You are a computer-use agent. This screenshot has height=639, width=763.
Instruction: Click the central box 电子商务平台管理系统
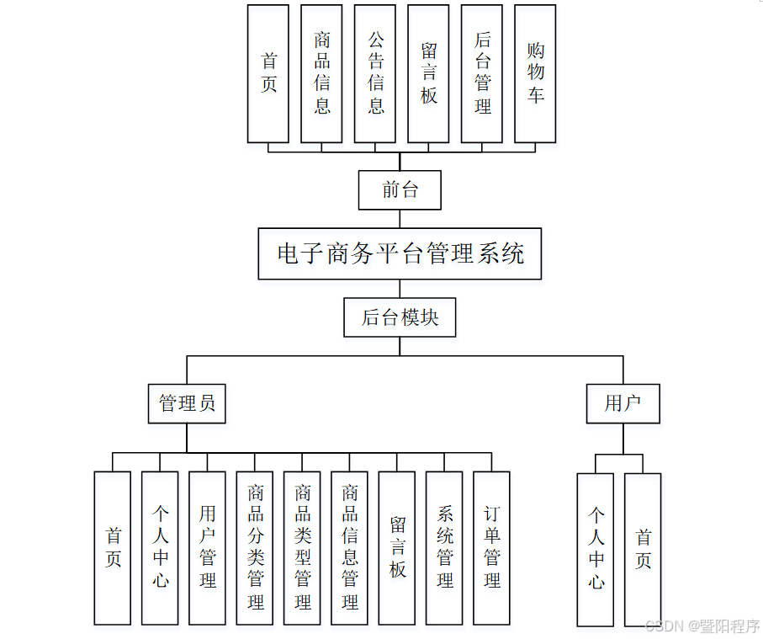[x=400, y=253]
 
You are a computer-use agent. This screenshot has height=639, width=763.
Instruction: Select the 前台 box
[x=400, y=190]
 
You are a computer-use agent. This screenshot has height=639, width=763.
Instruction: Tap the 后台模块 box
[x=400, y=317]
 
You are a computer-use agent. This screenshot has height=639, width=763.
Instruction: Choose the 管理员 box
[x=187, y=403]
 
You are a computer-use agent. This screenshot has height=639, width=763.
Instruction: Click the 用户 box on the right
[x=623, y=403]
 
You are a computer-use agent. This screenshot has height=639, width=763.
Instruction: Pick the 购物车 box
[x=535, y=73]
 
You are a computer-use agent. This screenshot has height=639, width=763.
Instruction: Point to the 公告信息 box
[x=375, y=73]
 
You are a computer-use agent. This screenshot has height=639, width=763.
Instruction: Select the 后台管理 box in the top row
[x=482, y=73]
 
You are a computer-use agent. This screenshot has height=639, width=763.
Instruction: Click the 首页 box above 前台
[x=268, y=73]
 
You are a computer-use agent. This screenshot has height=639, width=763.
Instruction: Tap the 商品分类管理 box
[x=255, y=548]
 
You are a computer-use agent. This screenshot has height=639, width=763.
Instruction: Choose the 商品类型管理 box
[x=302, y=548]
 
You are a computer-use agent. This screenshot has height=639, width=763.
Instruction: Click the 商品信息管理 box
[x=350, y=548]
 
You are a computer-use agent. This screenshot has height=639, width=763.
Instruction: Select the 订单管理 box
[x=492, y=548]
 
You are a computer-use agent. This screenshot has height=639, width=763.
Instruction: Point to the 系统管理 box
[x=444, y=548]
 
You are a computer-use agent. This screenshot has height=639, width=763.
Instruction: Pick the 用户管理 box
[x=207, y=548]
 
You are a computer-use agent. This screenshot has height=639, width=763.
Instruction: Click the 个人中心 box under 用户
[x=596, y=550]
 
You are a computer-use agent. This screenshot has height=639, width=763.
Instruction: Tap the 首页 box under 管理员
[x=113, y=548]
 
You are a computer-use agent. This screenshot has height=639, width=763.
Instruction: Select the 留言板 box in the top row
[x=429, y=73]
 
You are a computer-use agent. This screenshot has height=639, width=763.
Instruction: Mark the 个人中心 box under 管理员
[x=160, y=548]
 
